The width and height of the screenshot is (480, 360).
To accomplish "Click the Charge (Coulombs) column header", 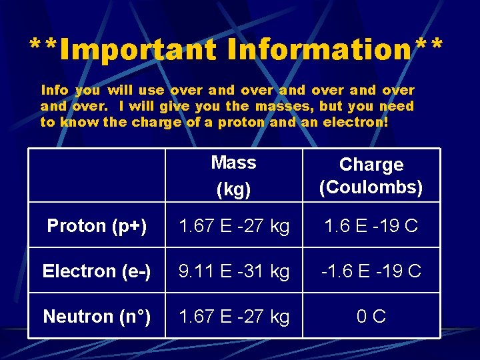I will (x=371, y=176).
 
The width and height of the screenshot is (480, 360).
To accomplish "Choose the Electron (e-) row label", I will (x=96, y=271).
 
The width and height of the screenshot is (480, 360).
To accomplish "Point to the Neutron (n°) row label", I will (x=96, y=317).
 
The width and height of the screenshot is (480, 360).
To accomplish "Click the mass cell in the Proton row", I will (x=233, y=226).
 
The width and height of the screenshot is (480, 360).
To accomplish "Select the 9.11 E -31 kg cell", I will (x=233, y=271).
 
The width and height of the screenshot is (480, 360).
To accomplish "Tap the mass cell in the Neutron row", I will (x=233, y=317).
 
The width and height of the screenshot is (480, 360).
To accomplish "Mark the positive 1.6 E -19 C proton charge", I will (x=371, y=226).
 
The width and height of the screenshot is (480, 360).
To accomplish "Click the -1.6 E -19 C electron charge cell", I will (x=371, y=271).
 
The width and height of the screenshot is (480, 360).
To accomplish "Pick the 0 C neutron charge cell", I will (x=371, y=317).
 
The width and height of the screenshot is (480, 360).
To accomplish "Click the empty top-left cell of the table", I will (x=96, y=175).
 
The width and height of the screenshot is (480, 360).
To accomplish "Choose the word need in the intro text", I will (x=397, y=106).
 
